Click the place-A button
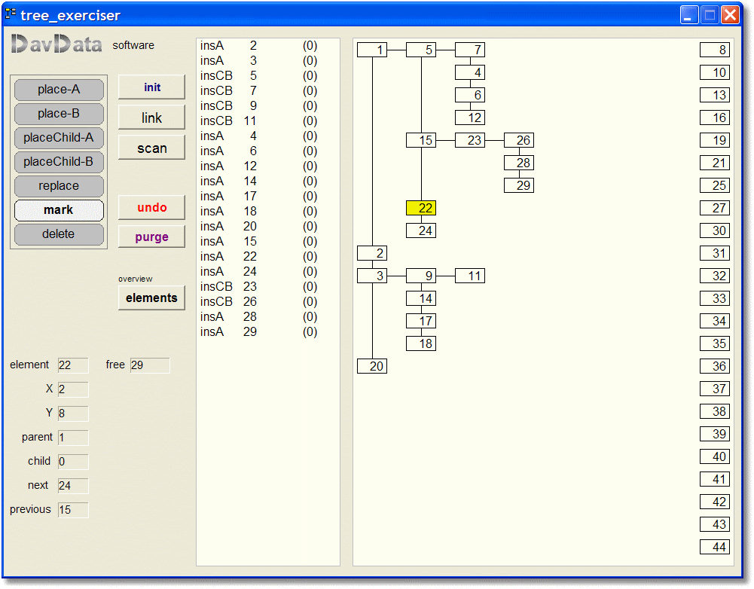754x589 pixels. (59, 90)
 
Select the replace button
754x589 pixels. (59, 186)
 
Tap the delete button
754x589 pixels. (59, 234)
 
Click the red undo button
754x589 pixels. (151, 208)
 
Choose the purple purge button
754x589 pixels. (151, 237)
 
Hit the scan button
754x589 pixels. (151, 148)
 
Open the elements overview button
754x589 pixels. (151, 298)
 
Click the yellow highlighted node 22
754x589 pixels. (421, 208)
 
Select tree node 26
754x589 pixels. (519, 140)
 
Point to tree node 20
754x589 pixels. (372, 366)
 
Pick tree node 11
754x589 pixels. (470, 276)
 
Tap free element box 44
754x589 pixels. (715, 547)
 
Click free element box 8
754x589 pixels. (715, 50)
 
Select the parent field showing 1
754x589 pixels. (73, 438)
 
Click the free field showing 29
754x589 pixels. (150, 365)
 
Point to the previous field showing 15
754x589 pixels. (73, 510)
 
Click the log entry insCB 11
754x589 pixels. (228, 121)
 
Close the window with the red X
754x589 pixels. (731, 15)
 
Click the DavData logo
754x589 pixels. (56, 44)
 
